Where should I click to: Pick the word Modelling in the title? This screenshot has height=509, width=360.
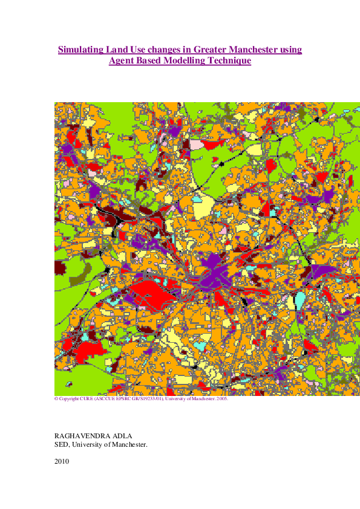187,61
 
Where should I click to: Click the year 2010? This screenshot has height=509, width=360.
62,461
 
